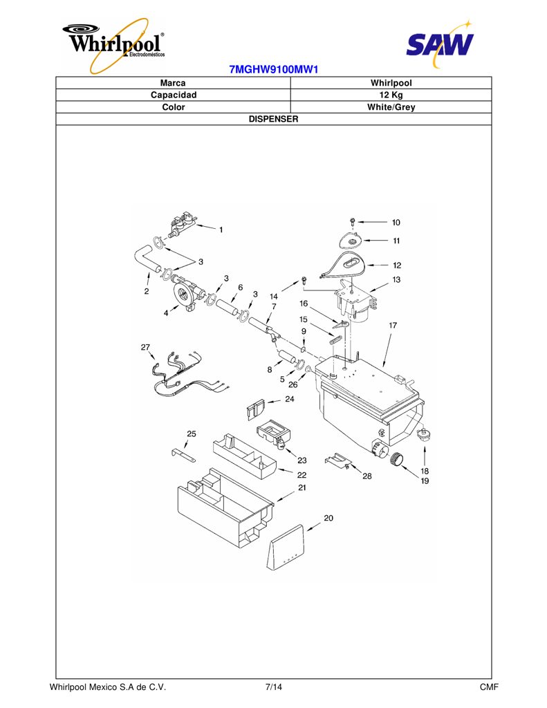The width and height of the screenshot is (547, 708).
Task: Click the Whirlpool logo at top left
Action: pyautogui.click(x=114, y=44)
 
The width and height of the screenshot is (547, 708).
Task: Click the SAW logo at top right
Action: pyautogui.click(x=439, y=44)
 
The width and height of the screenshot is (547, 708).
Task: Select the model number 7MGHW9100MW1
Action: pyautogui.click(x=274, y=70)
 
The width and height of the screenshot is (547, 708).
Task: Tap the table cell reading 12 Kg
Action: pyautogui.click(x=391, y=95)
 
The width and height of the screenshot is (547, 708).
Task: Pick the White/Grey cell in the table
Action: pyautogui.click(x=391, y=107)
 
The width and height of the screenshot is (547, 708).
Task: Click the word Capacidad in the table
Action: pyautogui.click(x=174, y=95)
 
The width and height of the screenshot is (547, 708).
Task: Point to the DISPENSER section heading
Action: pyautogui.click(x=274, y=119)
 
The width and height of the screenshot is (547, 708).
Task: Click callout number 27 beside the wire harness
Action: pyautogui.click(x=145, y=347)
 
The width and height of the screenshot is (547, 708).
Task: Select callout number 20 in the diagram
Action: pyautogui.click(x=328, y=518)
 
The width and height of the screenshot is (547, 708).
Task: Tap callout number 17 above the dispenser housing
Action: pyautogui.click(x=393, y=325)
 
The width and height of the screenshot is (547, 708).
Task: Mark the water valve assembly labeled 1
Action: pyautogui.click(x=182, y=225)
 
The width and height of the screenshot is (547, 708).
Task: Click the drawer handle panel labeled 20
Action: pyautogui.click(x=286, y=548)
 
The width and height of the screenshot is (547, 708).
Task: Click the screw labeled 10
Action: pyautogui.click(x=353, y=222)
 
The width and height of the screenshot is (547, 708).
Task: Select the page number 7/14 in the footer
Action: pyautogui.click(x=274, y=687)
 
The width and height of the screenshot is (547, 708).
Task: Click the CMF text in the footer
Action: pyautogui.click(x=489, y=687)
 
